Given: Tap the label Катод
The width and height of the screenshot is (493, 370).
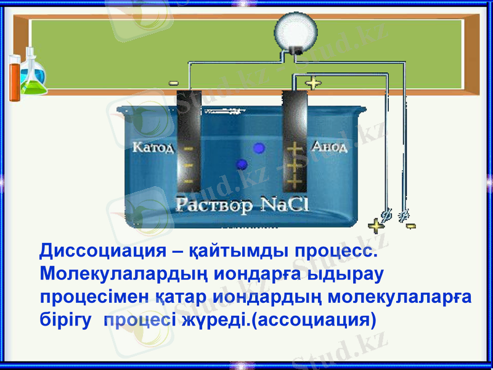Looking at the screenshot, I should pyautogui.click(x=153, y=148).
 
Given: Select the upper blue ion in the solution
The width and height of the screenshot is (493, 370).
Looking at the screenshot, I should pyautogui.click(x=259, y=147).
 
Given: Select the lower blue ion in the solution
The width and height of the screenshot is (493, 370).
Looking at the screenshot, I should pyautogui.click(x=242, y=164).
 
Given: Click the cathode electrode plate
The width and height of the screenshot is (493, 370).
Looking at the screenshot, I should pyautogui.click(x=188, y=142).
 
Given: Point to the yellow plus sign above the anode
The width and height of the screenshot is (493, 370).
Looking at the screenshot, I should pyautogui.click(x=314, y=83).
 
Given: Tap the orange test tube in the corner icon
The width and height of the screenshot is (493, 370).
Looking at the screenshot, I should pyautogui.click(x=14, y=77).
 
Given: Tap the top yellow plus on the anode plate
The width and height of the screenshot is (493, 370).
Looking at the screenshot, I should pyautogui.click(x=296, y=149).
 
